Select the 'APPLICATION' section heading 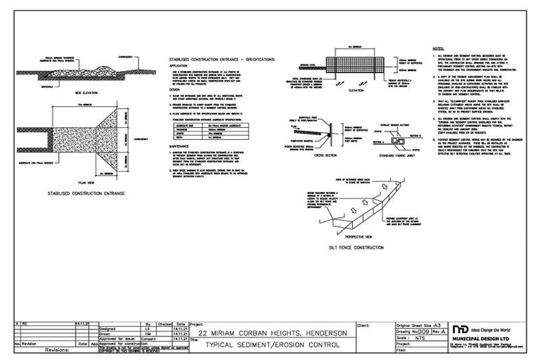pos(179,66)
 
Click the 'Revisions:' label pos(59,349)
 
